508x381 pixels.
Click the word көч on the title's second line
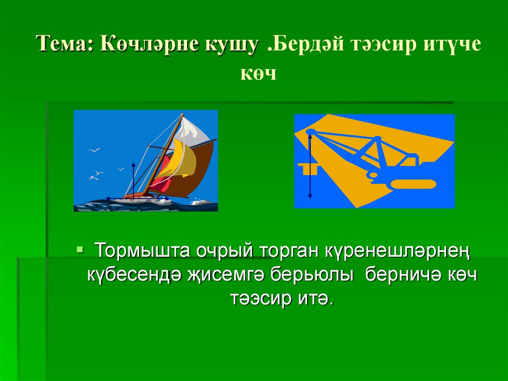point(257,75)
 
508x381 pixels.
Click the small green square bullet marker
point(79,248)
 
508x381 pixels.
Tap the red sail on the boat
point(160,184)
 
